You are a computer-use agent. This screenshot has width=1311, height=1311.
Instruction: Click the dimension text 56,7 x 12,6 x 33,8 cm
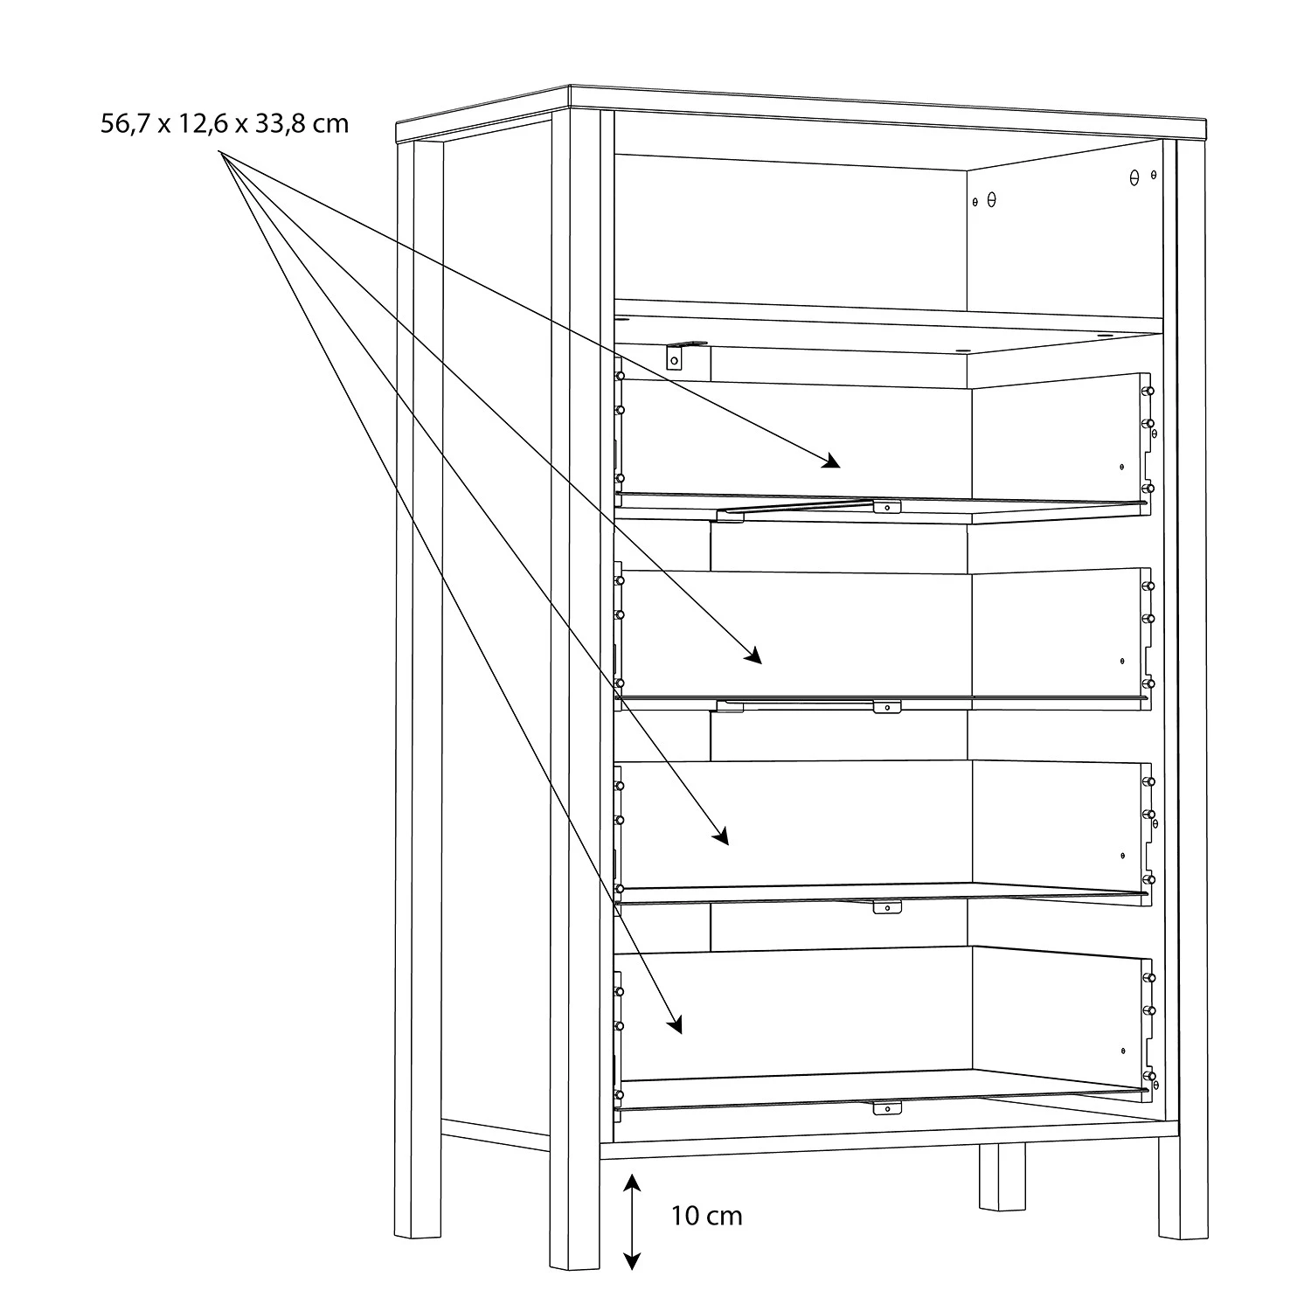tap(225, 124)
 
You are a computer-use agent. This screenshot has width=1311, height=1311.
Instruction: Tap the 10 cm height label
tap(707, 1216)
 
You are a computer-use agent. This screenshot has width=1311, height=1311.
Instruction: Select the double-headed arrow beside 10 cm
tap(632, 1222)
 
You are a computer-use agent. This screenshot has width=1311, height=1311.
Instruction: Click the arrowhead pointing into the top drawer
tap(831, 461)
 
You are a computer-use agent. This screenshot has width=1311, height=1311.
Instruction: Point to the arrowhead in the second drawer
tap(753, 657)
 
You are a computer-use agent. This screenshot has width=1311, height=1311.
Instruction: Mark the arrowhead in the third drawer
tap(720, 838)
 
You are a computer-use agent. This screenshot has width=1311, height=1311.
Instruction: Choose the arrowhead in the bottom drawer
tap(674, 1025)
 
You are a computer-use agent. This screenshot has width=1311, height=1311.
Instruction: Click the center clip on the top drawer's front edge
tap(886, 506)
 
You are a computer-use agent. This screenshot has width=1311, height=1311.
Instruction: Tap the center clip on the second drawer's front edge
tap(886, 705)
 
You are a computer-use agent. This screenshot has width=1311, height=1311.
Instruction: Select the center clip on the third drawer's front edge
tap(886, 907)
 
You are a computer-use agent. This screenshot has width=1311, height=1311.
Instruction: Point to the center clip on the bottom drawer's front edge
tap(886, 1108)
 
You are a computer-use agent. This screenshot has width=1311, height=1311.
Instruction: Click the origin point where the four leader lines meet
tap(219, 152)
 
